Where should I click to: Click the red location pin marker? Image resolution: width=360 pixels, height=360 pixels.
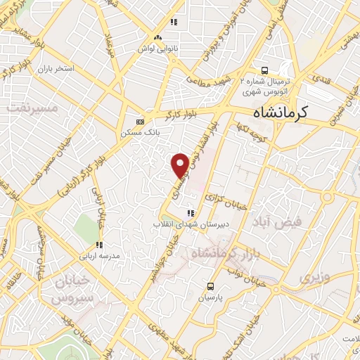(x=181, y=164)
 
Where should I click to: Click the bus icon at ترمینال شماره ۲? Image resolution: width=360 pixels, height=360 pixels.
(x=264, y=70)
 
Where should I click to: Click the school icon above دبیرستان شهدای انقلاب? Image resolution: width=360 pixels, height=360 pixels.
(x=189, y=213)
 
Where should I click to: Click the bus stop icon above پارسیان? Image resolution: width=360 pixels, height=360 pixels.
(x=210, y=285)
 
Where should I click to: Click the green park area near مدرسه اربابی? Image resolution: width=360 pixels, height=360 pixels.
(x=87, y=227)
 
